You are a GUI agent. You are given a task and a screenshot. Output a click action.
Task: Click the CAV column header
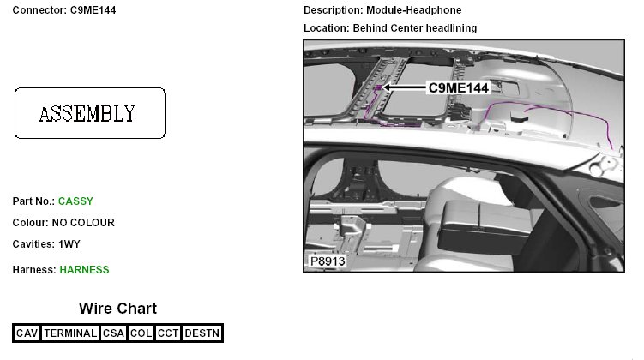coord(27,333)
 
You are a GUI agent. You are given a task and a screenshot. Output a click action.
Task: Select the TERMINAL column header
coord(70,333)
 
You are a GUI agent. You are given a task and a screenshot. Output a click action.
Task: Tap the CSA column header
coord(113,333)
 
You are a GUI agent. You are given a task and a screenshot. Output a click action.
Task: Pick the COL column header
coord(141,333)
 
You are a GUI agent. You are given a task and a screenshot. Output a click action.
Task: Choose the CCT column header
coord(168,333)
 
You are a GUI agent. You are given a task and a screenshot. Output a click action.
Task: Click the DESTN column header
coord(202,333)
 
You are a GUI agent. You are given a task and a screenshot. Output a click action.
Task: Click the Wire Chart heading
coord(117,309)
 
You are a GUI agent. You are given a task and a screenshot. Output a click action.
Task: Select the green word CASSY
coord(75,201)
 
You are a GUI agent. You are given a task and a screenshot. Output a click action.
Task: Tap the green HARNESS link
coord(84,270)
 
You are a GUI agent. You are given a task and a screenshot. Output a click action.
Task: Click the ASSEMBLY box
coord(90,113)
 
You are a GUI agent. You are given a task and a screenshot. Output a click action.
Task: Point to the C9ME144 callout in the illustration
coord(459,87)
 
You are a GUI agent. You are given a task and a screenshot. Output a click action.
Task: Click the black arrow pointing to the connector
coord(404,87)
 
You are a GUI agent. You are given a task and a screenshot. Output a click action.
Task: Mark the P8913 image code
coord(328,261)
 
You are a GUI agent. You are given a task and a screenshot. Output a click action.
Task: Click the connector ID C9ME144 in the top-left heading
coord(93,9)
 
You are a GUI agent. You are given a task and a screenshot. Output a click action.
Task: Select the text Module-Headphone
coord(414,9)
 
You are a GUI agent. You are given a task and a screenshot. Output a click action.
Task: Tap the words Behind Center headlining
coord(415,28)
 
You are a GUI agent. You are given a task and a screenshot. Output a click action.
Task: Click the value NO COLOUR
coord(83,223)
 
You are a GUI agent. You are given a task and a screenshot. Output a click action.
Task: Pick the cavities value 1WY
coord(69,243)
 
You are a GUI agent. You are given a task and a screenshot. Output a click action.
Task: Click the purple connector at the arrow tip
coord(378,87)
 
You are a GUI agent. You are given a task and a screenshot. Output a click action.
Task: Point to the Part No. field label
coord(33,201)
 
